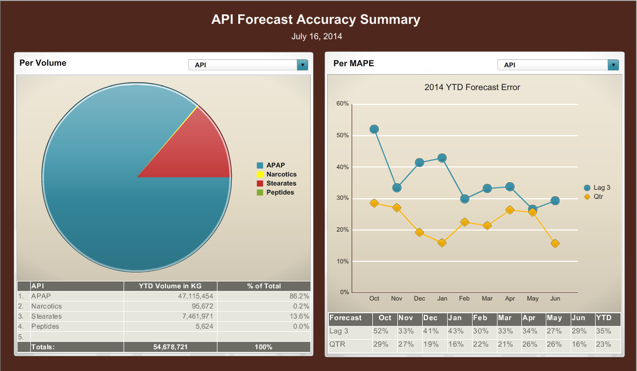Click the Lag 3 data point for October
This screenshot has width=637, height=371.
374,129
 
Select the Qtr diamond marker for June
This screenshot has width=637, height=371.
555,244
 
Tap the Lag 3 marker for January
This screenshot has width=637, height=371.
442,158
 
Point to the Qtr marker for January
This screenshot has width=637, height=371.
442,243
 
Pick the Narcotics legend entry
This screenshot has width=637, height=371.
281,174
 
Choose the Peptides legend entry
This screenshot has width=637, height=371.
280,192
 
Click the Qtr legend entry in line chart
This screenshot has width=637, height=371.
598,197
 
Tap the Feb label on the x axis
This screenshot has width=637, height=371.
464,299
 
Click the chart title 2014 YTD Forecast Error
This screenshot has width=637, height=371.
472,87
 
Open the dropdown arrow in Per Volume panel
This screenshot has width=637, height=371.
302,65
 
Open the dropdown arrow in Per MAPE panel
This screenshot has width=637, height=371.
613,65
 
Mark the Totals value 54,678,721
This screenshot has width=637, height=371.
170,347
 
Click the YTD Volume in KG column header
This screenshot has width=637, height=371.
170,286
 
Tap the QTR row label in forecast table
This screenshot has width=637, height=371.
338,344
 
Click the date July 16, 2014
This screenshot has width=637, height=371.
317,37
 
